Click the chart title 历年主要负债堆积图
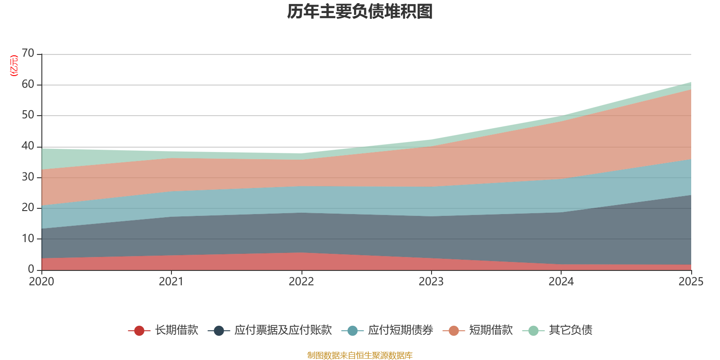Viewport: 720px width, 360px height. tap(360, 12)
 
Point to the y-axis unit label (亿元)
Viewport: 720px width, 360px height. tap(14, 66)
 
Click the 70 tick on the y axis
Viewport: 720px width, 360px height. tap(28, 53)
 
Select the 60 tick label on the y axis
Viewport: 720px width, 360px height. tap(28, 84)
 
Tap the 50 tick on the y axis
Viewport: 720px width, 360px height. tap(28, 115)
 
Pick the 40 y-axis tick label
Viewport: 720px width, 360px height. tap(28, 146)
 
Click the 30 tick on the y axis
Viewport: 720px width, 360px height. tap(28, 177)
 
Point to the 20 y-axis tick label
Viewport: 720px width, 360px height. tap(28, 207)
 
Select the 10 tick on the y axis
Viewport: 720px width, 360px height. tap(28, 238)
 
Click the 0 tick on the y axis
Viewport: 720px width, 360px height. tap(31, 269)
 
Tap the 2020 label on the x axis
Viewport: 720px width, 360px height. tap(41, 282)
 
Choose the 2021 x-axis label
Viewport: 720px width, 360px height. tap(171, 282)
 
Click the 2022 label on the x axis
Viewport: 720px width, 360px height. tap(301, 282)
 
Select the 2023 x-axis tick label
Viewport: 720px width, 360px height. tap(431, 282)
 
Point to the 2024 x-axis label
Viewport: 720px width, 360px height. tap(561, 282)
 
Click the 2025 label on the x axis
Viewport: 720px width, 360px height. tap(691, 282)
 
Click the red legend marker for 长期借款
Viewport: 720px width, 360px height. tap(139, 331)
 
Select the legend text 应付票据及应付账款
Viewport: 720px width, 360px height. tap(283, 330)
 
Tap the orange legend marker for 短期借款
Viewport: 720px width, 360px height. tap(454, 331)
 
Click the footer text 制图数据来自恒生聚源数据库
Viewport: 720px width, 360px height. tap(360, 355)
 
